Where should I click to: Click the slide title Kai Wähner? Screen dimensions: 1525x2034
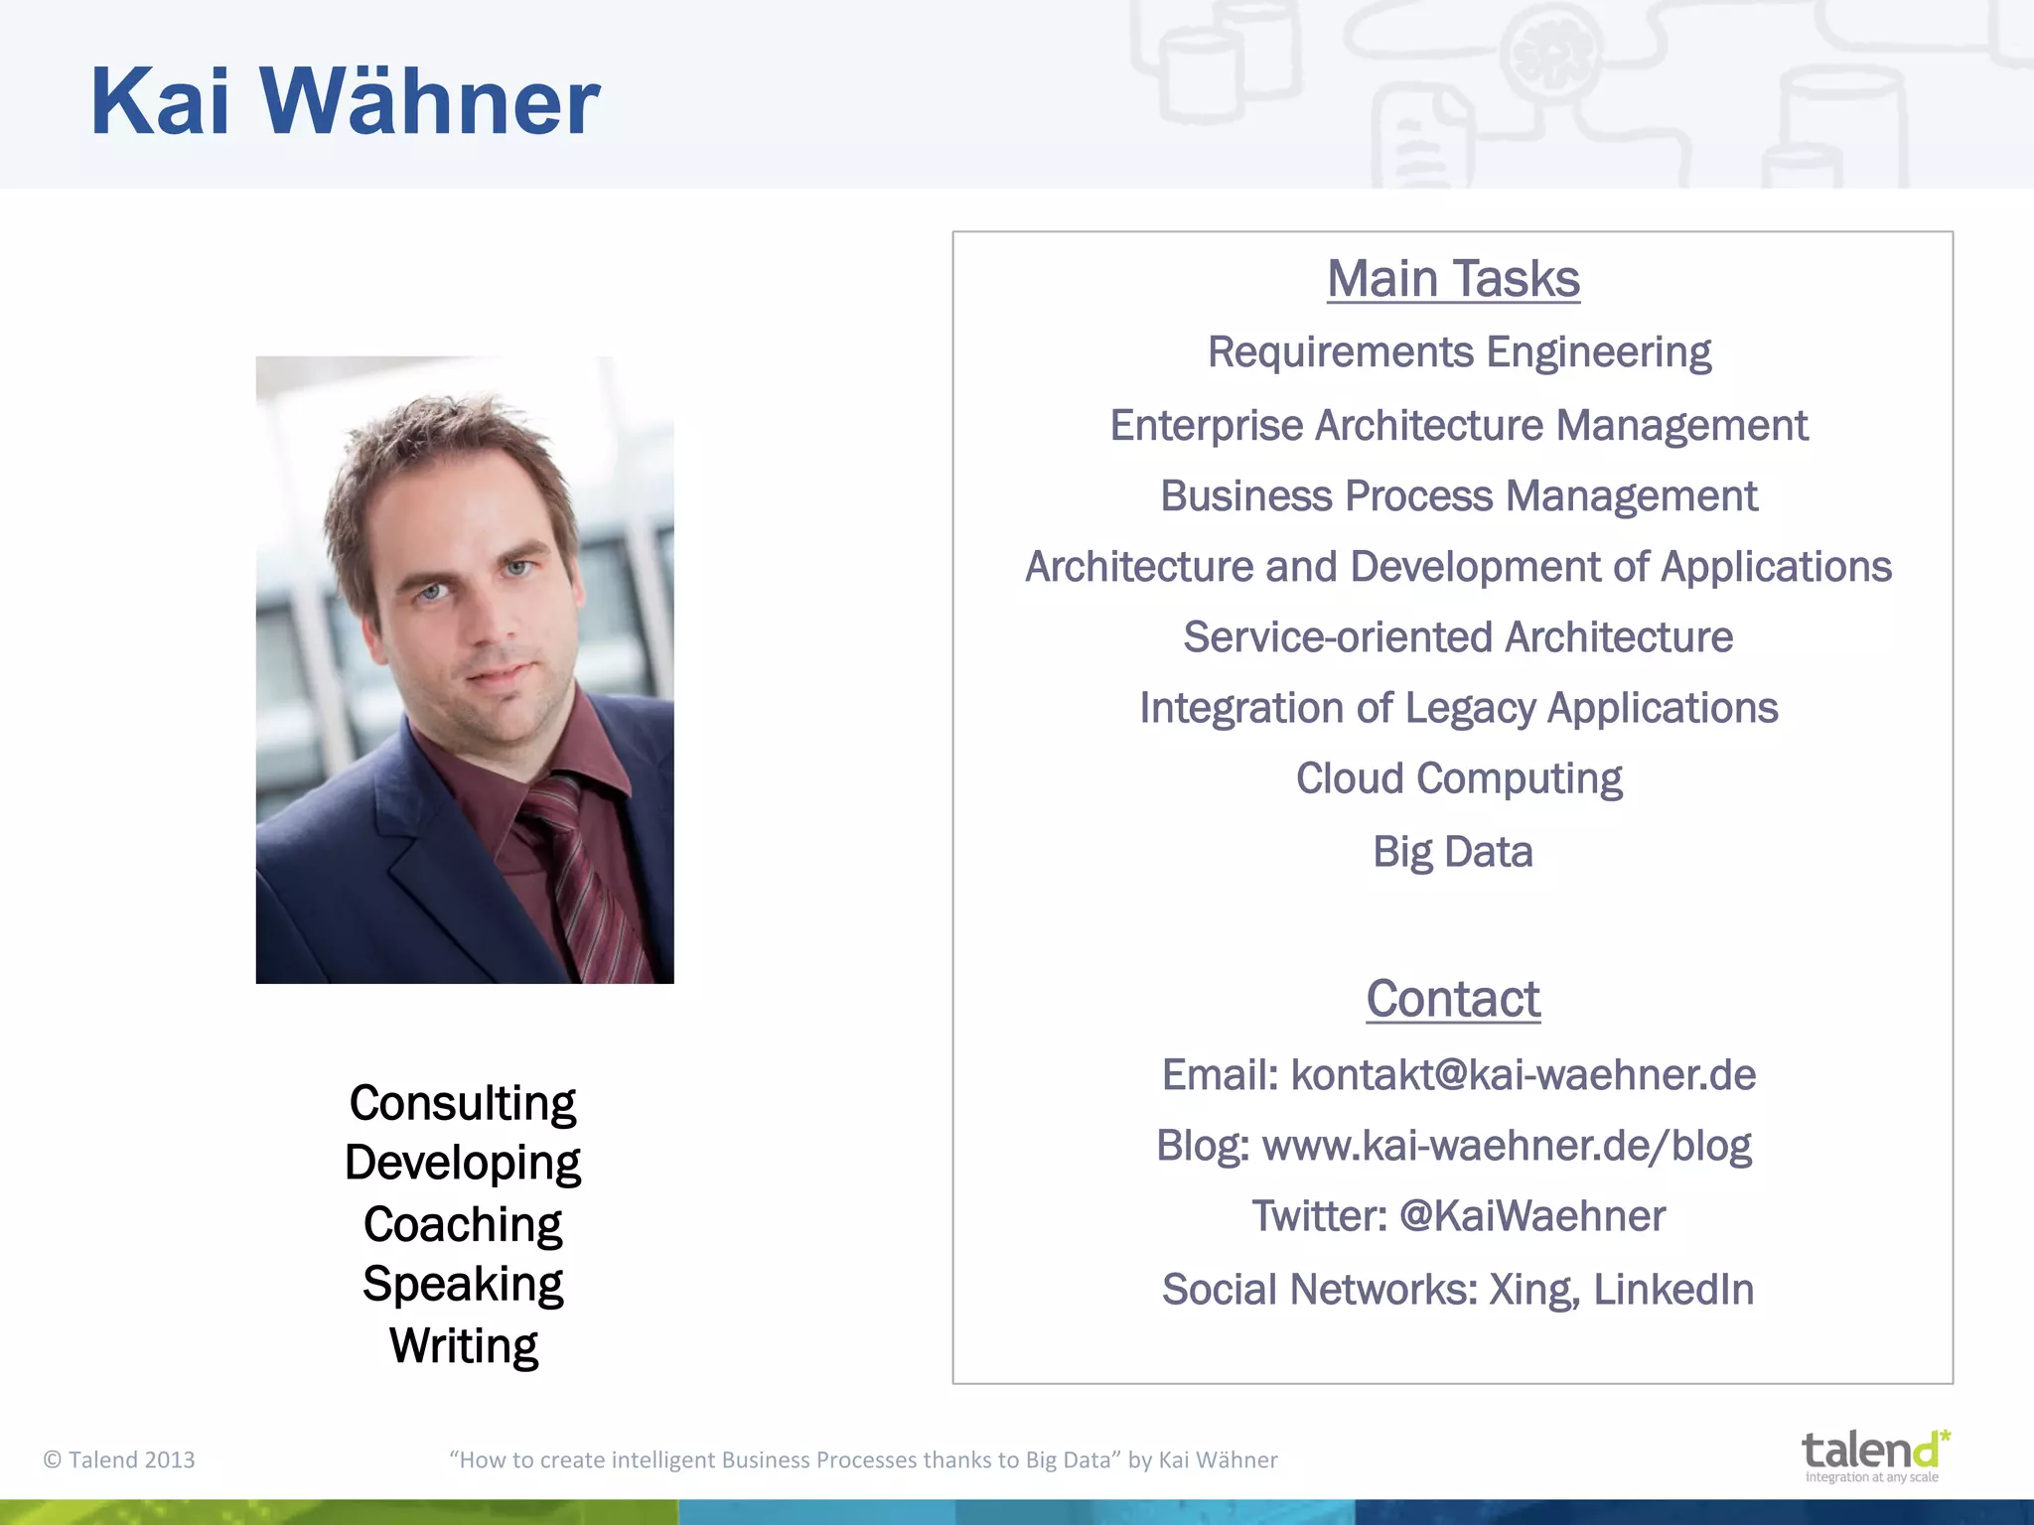point(345,101)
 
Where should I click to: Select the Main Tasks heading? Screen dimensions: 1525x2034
point(1453,279)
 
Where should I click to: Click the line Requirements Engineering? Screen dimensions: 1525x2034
point(1459,352)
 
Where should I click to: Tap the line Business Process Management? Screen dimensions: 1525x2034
point(1458,496)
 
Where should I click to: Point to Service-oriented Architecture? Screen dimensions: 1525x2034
point(1458,637)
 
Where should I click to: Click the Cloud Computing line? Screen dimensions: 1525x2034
point(1458,778)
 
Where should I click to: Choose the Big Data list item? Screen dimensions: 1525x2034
point(1452,852)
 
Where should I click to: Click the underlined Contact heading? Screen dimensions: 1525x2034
point(1452,999)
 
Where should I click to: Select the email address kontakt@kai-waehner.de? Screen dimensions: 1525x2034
point(1523,1075)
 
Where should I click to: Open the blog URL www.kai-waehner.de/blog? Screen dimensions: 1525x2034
point(1506,1146)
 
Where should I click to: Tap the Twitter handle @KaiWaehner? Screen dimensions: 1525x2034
point(1531,1216)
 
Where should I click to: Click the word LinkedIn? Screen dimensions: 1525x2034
point(1673,1290)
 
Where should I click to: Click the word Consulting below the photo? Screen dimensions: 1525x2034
point(462,1104)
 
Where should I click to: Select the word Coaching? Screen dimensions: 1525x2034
point(462,1224)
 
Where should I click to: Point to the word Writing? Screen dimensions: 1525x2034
point(463,1346)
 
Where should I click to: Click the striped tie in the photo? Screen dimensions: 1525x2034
point(586,874)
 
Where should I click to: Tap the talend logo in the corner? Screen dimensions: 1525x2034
point(1874,1455)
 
